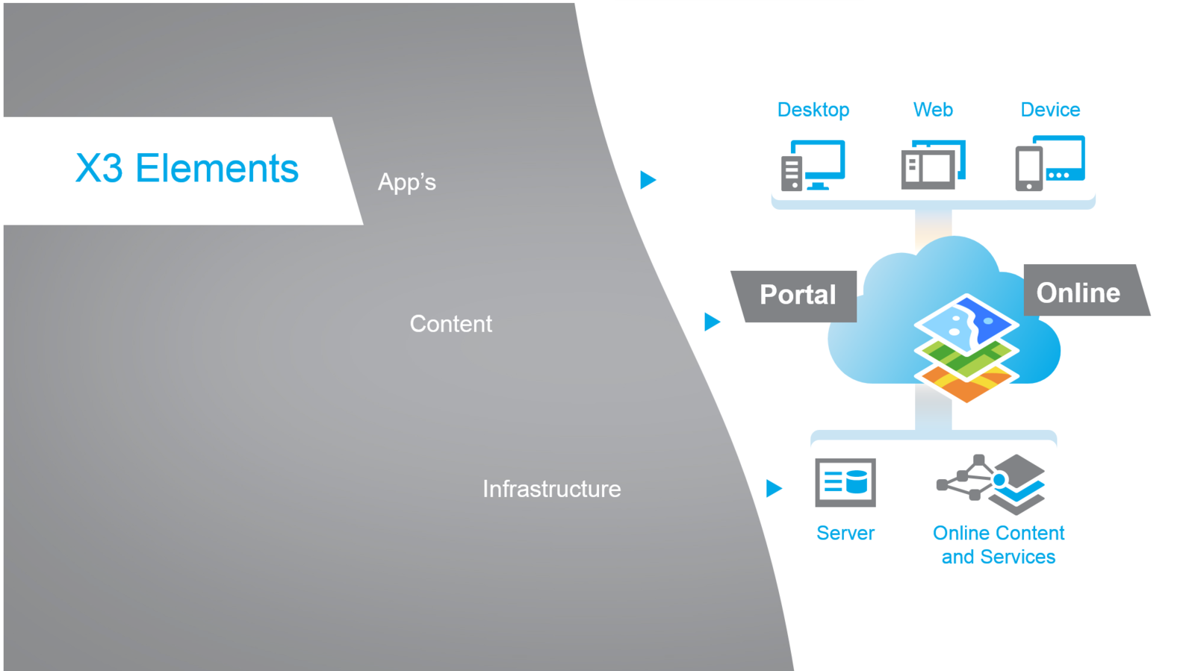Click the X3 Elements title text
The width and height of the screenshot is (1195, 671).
(187, 169)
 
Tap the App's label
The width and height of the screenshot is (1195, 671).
(406, 182)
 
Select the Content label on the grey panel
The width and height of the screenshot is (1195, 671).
(450, 324)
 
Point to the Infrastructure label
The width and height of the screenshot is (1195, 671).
(551, 489)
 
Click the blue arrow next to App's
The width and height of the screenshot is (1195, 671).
(648, 180)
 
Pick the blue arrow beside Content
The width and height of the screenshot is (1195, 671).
(712, 322)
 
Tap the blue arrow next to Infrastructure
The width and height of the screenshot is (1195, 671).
(774, 488)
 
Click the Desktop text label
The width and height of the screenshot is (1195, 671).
(813, 110)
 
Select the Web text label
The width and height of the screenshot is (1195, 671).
(933, 110)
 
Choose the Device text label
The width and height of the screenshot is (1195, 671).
(1050, 110)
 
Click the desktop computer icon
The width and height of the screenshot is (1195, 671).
(813, 165)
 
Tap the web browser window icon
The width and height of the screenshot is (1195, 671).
(933, 164)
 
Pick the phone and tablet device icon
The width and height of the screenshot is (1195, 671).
(1049, 163)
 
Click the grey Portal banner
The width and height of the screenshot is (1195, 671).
(796, 296)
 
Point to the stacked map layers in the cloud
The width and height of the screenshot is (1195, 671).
(966, 347)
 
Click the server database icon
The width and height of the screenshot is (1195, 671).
(845, 483)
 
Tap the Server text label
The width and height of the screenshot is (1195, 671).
(845, 533)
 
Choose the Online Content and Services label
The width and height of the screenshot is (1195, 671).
(998, 545)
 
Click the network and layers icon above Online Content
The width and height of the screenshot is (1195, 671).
(992, 484)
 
